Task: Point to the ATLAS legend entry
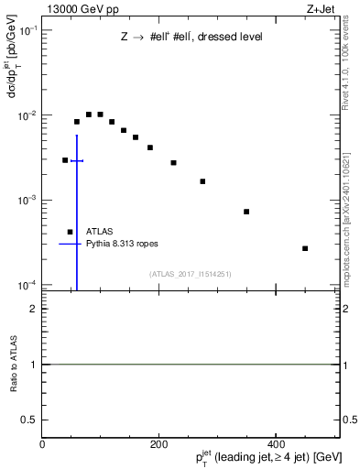click(x=100, y=232)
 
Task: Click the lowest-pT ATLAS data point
click(x=65, y=159)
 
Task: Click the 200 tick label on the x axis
click(x=158, y=443)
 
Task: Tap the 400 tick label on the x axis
click(x=276, y=443)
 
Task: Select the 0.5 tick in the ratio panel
click(x=32, y=420)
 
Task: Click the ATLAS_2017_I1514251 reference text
click(x=191, y=273)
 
